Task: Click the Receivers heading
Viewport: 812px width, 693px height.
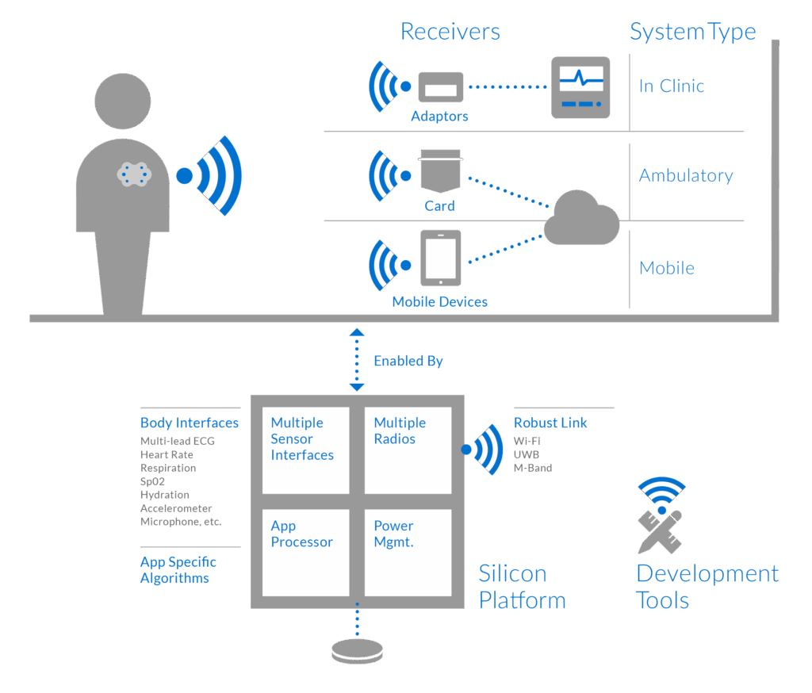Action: pyautogui.click(x=450, y=32)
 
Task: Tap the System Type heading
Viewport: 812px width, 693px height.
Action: pyautogui.click(x=692, y=32)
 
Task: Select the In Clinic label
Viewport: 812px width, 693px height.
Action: pyautogui.click(x=672, y=86)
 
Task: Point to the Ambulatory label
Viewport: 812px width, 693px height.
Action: pyautogui.click(x=686, y=176)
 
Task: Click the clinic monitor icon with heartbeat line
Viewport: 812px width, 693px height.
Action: pyautogui.click(x=580, y=87)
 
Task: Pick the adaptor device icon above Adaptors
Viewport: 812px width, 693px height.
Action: pyautogui.click(x=440, y=87)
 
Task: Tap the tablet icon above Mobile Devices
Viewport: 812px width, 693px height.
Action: pyautogui.click(x=440, y=258)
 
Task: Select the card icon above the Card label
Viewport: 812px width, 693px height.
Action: pyautogui.click(x=440, y=173)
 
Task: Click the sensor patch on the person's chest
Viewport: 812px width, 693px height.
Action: pyautogui.click(x=134, y=174)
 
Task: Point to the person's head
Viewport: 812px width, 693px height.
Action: pyautogui.click(x=122, y=101)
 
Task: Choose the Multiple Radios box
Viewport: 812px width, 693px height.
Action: pyautogui.click(x=407, y=450)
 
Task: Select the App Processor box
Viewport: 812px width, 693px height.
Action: pyautogui.click(x=305, y=552)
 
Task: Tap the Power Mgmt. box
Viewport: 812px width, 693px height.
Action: pyautogui.click(x=407, y=552)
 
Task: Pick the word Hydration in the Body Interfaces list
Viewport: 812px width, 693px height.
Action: pyautogui.click(x=164, y=495)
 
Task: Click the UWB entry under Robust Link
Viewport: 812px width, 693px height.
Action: pyautogui.click(x=526, y=454)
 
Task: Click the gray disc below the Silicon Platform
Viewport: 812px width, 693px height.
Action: pyautogui.click(x=357, y=650)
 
